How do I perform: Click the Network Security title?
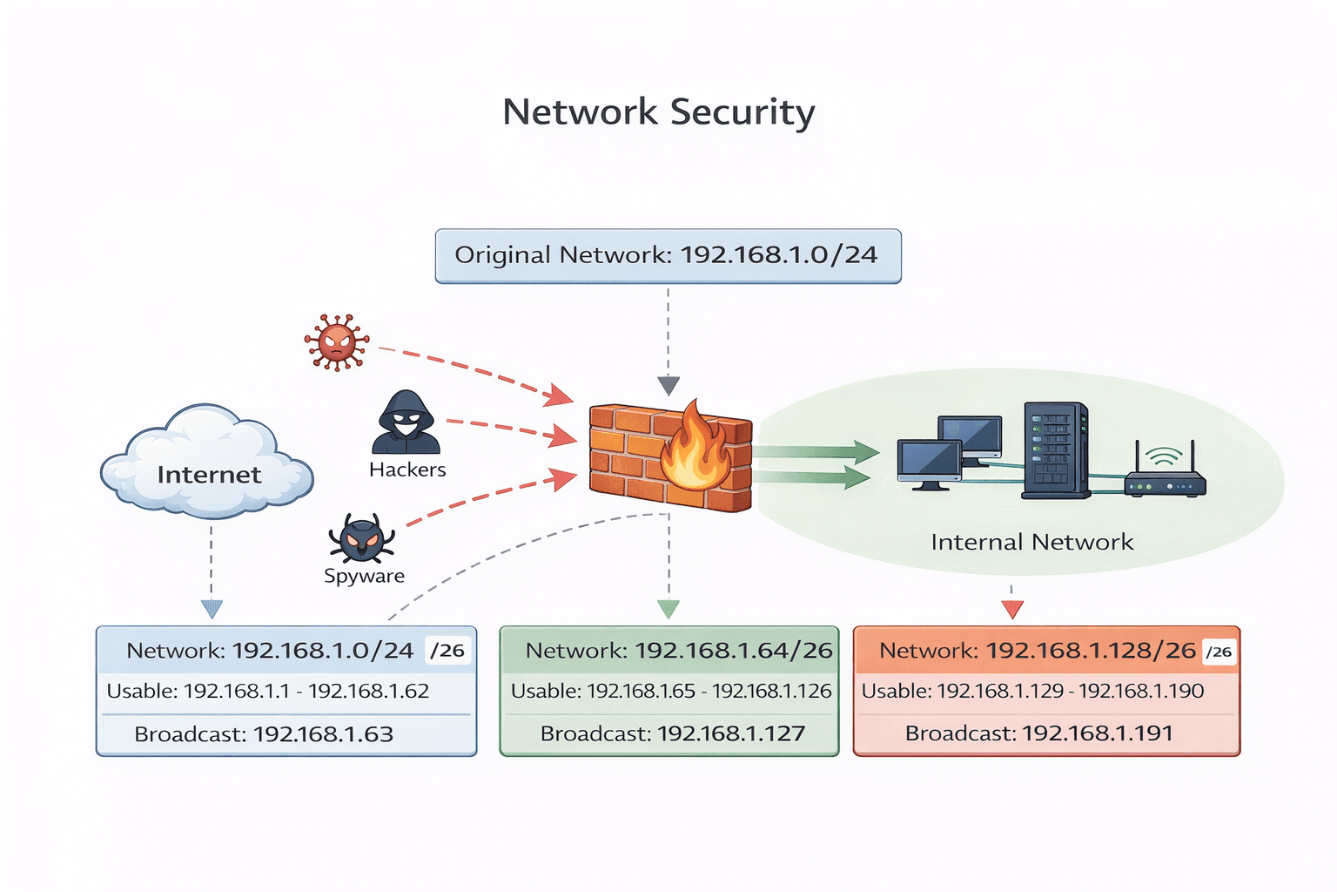click(659, 113)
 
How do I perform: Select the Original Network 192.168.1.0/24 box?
click(668, 256)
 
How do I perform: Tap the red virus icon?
click(337, 342)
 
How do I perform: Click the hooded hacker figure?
click(406, 422)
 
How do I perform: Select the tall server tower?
click(1055, 449)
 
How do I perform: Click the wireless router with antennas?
click(1165, 475)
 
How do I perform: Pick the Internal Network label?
click(1031, 543)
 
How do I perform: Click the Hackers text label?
click(407, 470)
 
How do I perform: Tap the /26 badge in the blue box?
click(448, 651)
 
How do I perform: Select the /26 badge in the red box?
click(1219, 652)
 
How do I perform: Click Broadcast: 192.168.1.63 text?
click(264, 734)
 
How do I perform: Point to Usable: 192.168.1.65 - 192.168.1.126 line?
click(671, 692)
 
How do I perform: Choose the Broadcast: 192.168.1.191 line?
click(1038, 733)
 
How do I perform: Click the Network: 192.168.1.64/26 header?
click(679, 651)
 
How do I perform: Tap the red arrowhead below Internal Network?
click(1011, 609)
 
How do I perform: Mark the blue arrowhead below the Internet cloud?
click(212, 609)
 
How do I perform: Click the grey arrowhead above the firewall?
click(668, 386)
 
